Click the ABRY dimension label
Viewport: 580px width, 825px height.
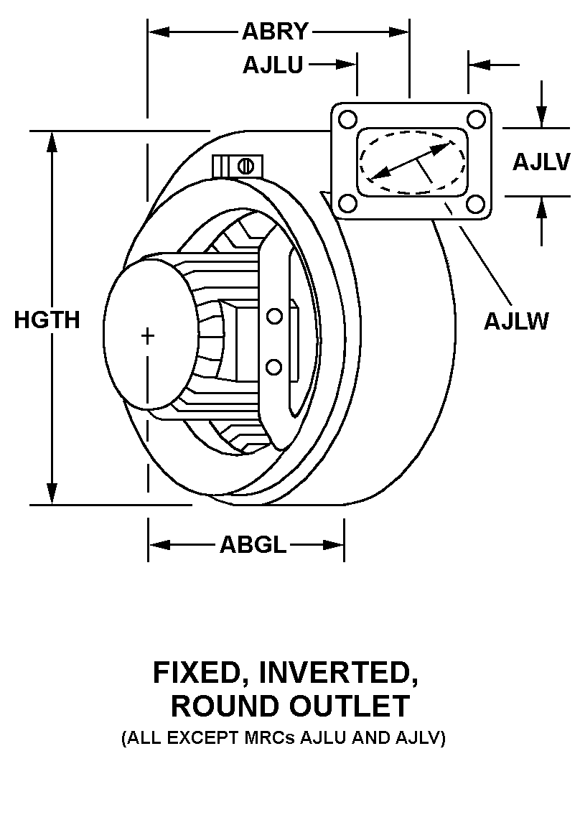275,32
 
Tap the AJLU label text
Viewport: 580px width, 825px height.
273,65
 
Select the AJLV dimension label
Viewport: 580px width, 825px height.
541,162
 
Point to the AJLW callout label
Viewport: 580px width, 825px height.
516,320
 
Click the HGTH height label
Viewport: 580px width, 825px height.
47,320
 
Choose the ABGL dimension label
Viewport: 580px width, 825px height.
253,545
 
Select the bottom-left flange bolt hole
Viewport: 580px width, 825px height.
347,204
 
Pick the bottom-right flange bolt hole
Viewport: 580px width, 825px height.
475,204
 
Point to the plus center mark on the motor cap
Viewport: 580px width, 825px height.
148,335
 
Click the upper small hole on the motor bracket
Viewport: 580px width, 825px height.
273,316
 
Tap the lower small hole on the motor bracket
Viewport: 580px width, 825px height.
273,368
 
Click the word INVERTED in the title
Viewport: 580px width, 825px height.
339,673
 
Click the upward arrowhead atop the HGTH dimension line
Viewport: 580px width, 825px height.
52,141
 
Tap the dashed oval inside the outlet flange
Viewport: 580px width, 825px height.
411,162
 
